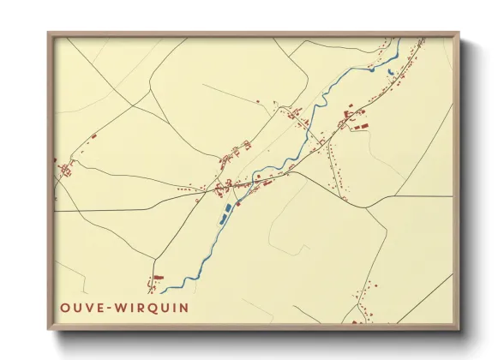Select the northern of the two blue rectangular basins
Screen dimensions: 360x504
point(227,208)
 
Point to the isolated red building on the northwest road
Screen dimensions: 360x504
point(93,135)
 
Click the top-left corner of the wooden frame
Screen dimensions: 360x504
point(49,33)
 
